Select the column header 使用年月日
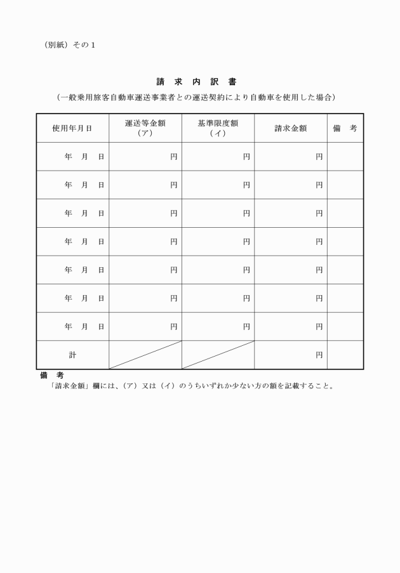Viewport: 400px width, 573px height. [72, 128]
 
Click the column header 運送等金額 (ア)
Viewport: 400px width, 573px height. [145, 128]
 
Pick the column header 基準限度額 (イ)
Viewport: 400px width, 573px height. [218, 128]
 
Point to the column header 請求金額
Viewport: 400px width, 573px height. [290, 128]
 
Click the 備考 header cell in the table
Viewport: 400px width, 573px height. [345, 128]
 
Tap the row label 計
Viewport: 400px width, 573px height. [72, 355]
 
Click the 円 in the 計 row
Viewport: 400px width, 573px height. [319, 355]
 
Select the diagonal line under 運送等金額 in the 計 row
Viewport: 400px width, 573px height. [145, 355]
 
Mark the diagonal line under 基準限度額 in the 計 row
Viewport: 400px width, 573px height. [218, 355]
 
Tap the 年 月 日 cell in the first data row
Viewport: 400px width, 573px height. [84, 156]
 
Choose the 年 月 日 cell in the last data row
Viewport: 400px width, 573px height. [84, 326]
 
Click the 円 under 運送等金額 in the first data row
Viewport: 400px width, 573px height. [173, 156]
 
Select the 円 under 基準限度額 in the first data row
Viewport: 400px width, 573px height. [246, 156]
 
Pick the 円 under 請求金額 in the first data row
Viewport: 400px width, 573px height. [319, 156]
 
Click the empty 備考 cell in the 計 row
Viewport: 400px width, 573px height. [345, 355]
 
